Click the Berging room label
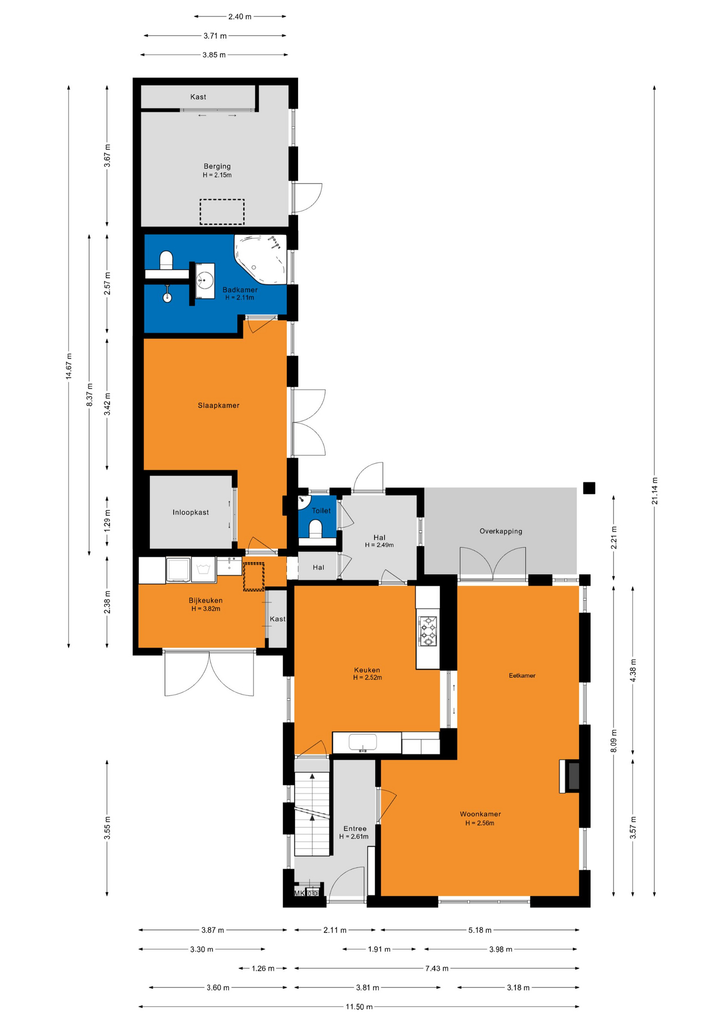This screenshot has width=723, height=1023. click(x=217, y=166)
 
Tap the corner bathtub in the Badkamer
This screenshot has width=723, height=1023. click(x=260, y=258)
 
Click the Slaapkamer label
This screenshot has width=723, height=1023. click(x=218, y=405)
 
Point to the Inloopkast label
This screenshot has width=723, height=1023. click(x=191, y=513)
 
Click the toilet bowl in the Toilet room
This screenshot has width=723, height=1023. click(x=316, y=529)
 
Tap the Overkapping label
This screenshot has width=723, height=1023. click(x=500, y=531)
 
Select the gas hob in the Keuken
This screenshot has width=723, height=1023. click(x=428, y=631)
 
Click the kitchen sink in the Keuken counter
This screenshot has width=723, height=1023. click(x=363, y=742)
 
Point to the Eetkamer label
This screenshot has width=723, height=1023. click(x=522, y=676)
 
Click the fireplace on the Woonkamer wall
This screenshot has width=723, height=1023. click(x=570, y=776)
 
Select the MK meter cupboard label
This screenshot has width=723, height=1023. click(x=299, y=893)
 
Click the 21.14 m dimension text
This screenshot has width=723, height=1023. click(x=654, y=491)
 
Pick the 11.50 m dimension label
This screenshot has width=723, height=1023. click(x=359, y=1006)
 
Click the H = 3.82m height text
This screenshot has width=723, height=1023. click(x=206, y=608)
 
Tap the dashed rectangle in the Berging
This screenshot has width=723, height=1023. click(x=222, y=212)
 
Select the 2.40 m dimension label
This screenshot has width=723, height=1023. click(x=240, y=17)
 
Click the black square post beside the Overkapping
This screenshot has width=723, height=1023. click(x=589, y=488)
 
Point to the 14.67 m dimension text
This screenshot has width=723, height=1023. click(x=69, y=366)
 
